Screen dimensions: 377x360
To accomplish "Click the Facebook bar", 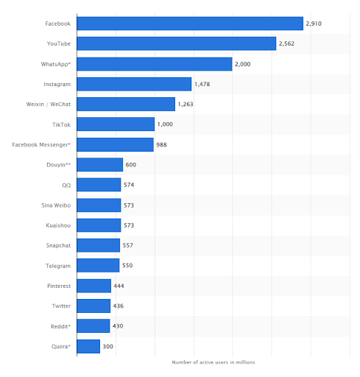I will point(190,24).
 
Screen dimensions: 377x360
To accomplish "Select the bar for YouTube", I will point(177,44).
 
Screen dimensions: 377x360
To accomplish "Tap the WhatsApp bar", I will point(155,64).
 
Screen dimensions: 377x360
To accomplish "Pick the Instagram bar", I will point(134,84).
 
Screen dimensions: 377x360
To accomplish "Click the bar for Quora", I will point(88,345).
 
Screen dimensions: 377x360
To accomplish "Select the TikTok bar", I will point(116,124).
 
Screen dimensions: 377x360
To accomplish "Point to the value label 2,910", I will point(315,24).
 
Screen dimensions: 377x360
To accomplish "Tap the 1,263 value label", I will point(187,105).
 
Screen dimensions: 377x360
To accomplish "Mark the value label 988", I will point(161,144).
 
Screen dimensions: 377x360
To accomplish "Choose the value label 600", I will point(131,165).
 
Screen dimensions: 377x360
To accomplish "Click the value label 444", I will point(120,286).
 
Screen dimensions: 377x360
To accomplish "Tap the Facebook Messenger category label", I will point(41,144).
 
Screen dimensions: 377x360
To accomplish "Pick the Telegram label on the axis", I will point(58,265).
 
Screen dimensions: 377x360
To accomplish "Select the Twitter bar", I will point(93,306).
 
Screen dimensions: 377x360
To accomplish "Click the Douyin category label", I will point(57,165).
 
